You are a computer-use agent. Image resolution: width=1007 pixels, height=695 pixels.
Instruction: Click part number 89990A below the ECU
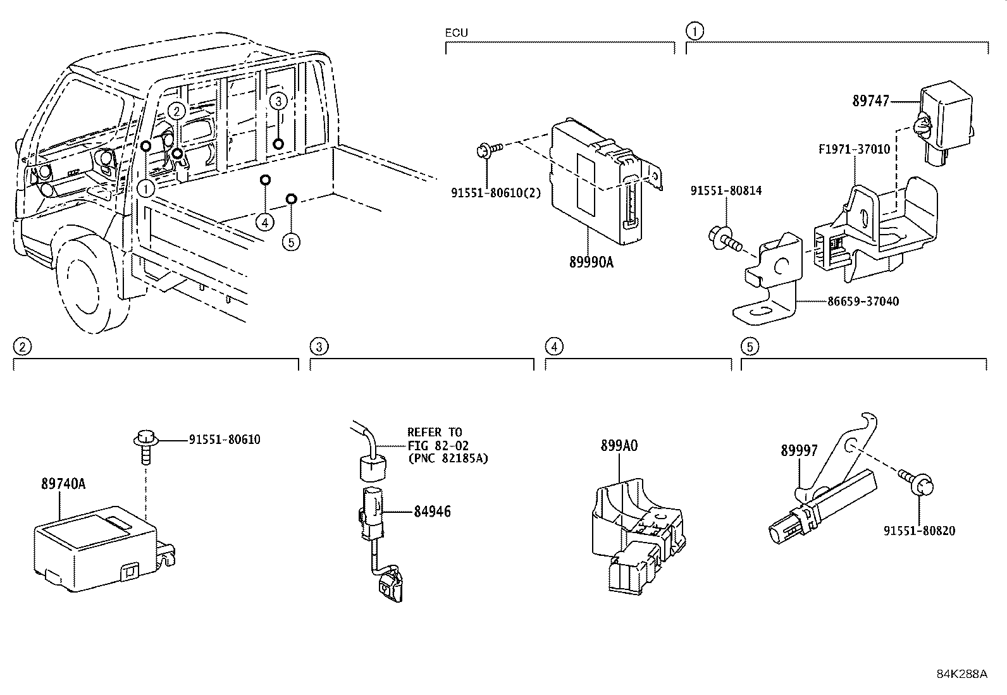pyautogui.click(x=591, y=262)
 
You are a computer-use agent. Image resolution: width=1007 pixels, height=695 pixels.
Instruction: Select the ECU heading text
pyautogui.click(x=457, y=33)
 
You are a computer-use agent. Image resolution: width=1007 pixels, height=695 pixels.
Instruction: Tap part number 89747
pyautogui.click(x=870, y=101)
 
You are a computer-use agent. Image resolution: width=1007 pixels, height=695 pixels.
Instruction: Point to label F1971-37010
pyautogui.click(x=854, y=150)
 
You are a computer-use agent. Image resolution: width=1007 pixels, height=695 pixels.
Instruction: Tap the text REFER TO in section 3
pyautogui.click(x=435, y=433)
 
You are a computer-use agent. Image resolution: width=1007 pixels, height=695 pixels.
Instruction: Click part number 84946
pyautogui.click(x=433, y=511)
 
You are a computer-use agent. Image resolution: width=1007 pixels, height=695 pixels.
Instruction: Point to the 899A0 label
pyautogui.click(x=619, y=446)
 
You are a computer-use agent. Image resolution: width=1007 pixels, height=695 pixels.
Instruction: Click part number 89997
pyautogui.click(x=799, y=450)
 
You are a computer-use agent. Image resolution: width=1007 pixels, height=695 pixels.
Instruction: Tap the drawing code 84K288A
pyautogui.click(x=961, y=673)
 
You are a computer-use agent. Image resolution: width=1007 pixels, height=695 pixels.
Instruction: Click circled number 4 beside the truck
pyautogui.click(x=266, y=222)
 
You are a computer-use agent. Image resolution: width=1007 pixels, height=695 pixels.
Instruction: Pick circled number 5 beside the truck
pyautogui.click(x=291, y=242)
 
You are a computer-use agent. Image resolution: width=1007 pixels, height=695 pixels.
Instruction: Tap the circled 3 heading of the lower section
pyautogui.click(x=319, y=347)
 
